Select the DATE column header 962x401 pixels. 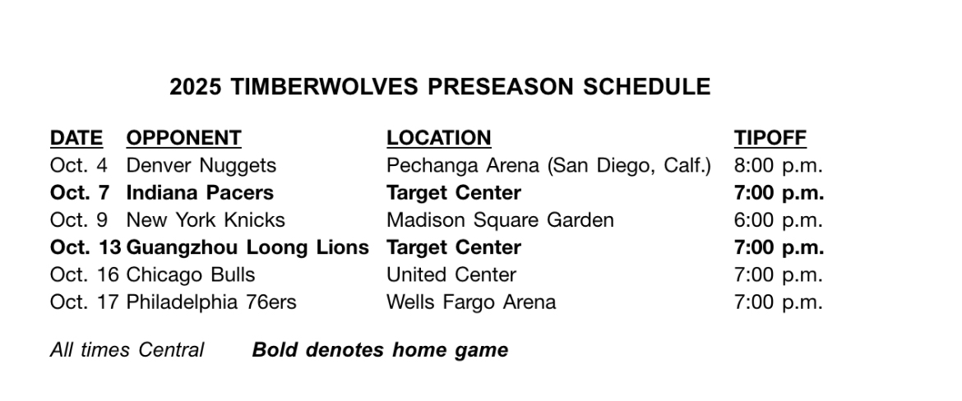click(x=76, y=138)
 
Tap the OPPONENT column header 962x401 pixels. click(x=184, y=138)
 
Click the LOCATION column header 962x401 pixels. click(x=439, y=138)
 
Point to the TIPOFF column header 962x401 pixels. click(x=770, y=138)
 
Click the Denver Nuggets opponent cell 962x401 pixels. click(x=201, y=165)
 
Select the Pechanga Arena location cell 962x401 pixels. click(x=548, y=165)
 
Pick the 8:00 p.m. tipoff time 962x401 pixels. click(x=778, y=165)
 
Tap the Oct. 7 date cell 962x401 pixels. click(x=80, y=192)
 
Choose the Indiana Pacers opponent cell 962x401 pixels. click(x=200, y=192)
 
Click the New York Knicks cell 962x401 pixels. click(x=206, y=220)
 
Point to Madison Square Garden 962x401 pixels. click(x=500, y=220)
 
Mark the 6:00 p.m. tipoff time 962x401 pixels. click(x=778, y=220)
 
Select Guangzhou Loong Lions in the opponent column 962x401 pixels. click(x=247, y=247)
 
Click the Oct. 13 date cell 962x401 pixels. click(x=86, y=247)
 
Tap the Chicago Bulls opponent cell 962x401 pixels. click(x=190, y=274)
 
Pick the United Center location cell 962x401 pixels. click(x=451, y=274)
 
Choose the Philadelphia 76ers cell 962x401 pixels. click(x=211, y=302)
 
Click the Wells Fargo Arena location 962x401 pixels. click(x=471, y=302)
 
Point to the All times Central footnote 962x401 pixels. click(x=127, y=349)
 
